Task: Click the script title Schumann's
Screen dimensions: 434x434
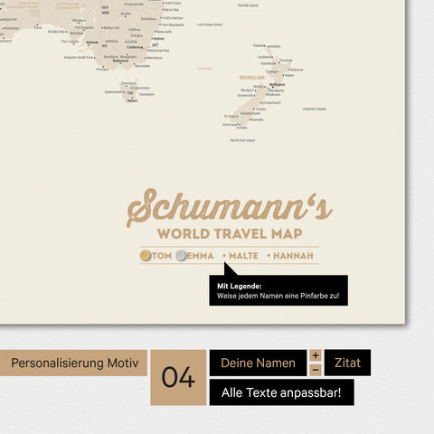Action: [229, 207]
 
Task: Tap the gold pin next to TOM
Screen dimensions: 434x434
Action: [146, 256]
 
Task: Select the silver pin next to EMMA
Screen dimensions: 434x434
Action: [183, 256]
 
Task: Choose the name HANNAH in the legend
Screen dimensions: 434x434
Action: [294, 256]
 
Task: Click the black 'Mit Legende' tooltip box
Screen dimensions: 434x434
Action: [278, 291]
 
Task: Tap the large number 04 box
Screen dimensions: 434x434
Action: [178, 377]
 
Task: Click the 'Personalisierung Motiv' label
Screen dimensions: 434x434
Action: [74, 363]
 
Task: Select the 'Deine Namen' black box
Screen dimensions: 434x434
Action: [258, 363]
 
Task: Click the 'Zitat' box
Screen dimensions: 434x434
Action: [347, 363]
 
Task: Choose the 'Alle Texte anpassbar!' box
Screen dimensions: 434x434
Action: [281, 392]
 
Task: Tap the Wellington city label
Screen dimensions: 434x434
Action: [277, 84]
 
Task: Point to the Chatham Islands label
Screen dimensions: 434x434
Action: [315, 108]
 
